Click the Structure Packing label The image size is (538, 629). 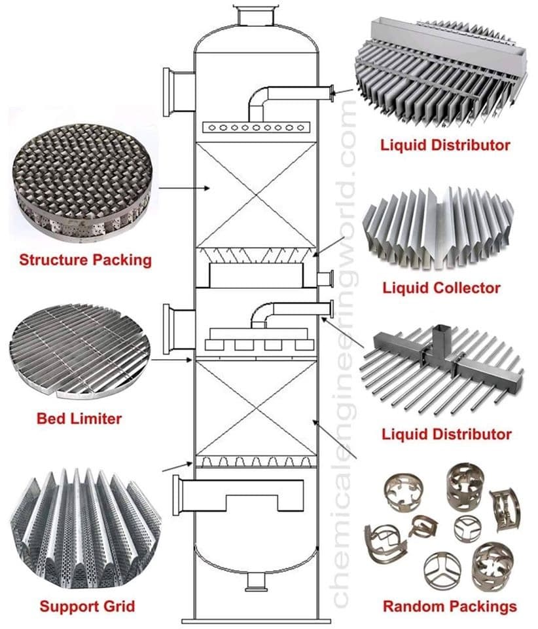[x=85, y=260]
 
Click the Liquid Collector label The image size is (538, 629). [x=441, y=288]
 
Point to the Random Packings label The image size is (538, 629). [x=449, y=606]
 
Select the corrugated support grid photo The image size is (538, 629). [x=82, y=531]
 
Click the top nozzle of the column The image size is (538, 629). [x=255, y=15]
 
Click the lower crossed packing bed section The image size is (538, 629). [x=255, y=408]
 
